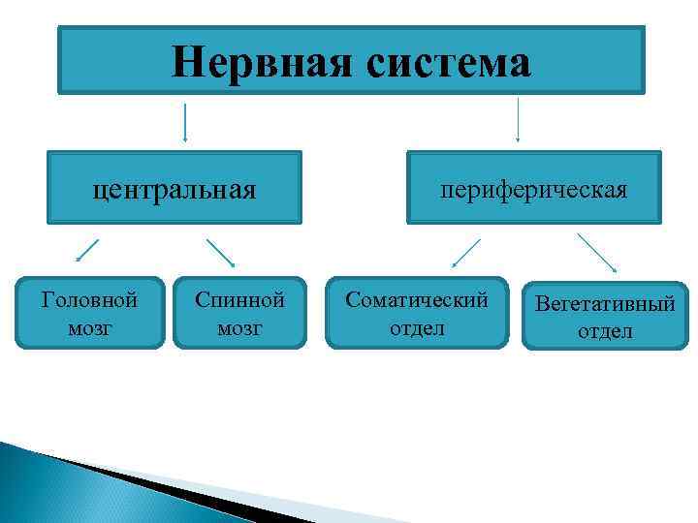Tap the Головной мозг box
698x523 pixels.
[90, 314]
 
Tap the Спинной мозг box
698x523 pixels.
[239, 314]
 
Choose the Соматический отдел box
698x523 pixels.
[417, 314]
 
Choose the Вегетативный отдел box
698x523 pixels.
[605, 317]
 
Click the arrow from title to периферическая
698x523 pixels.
[518, 118]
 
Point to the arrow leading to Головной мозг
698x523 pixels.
[87, 250]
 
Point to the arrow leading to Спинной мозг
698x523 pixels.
[221, 252]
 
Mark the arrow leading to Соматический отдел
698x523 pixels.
[466, 253]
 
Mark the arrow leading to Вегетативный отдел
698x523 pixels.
[597, 252]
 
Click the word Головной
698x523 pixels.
[90, 300]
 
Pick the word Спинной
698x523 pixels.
[239, 300]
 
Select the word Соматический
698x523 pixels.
[417, 300]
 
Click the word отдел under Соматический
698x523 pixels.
[417, 328]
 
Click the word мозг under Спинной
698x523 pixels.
[239, 328]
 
